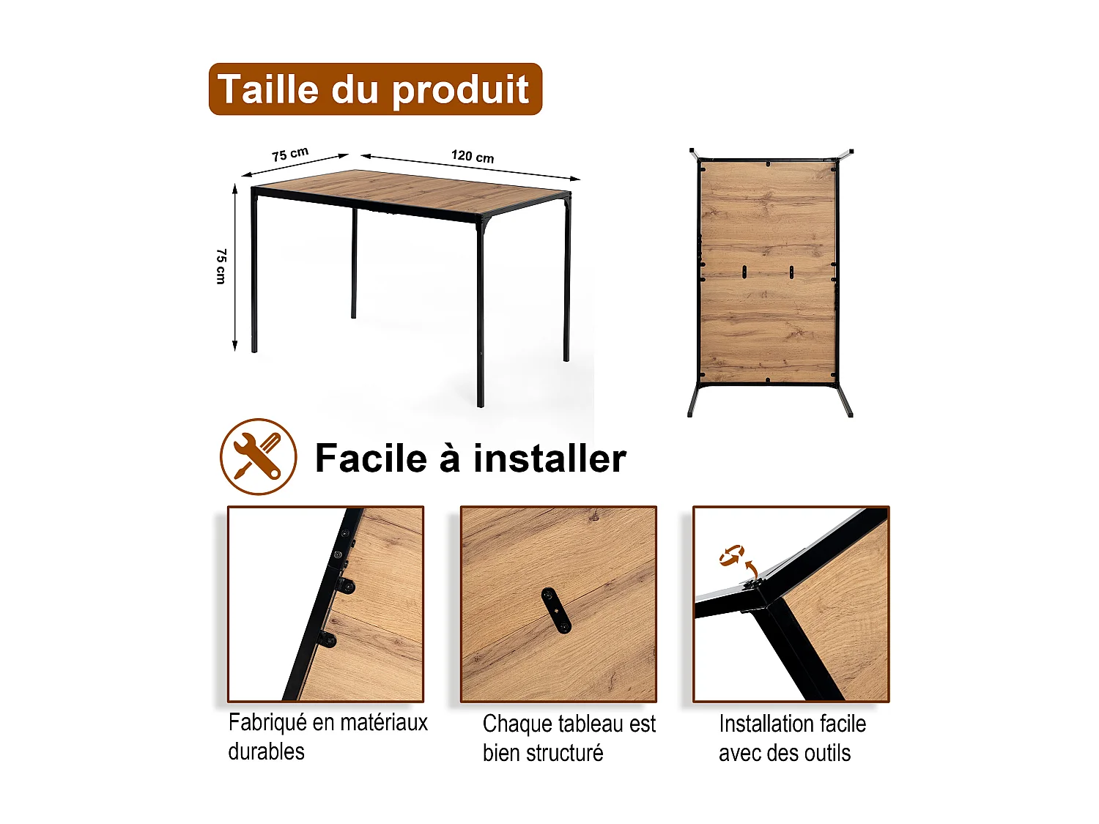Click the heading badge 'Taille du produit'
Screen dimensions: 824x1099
[x=375, y=89]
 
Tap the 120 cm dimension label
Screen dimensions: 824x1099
[x=473, y=156]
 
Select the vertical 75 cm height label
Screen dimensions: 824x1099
[x=221, y=266]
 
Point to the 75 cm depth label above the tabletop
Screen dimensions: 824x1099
[x=290, y=154]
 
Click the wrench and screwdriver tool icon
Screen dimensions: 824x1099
[x=258, y=457]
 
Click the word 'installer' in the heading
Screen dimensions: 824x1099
[x=549, y=459]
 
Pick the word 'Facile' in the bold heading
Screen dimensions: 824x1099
[x=370, y=459]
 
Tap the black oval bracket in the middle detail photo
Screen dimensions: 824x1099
[x=557, y=610]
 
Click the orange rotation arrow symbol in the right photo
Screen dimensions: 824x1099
[x=731, y=555]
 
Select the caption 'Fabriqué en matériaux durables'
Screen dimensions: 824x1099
[x=328, y=737]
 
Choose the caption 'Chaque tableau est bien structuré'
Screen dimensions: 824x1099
[x=569, y=738]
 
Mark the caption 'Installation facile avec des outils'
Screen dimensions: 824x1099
[x=791, y=738]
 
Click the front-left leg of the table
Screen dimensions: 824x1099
[x=254, y=271]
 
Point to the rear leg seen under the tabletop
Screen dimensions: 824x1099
[x=354, y=264]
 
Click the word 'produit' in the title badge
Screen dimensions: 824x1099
[x=460, y=89]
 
